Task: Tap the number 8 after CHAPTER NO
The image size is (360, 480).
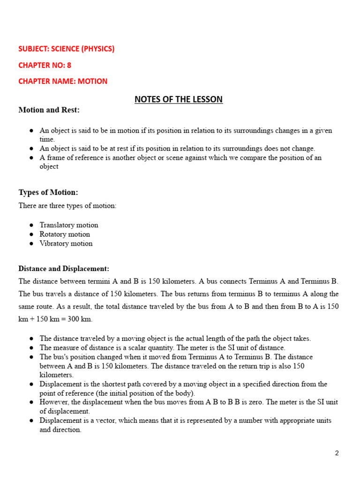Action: click(69, 65)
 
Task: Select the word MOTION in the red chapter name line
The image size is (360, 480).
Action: click(92, 81)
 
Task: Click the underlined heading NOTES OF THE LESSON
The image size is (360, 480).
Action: click(179, 99)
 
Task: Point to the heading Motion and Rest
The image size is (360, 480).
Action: click(49, 110)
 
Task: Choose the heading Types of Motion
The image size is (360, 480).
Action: click(48, 193)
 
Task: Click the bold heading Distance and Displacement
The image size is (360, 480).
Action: click(64, 269)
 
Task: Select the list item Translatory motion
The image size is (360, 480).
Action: click(69, 225)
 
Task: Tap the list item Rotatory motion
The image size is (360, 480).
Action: click(65, 234)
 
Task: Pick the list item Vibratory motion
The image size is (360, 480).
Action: click(66, 243)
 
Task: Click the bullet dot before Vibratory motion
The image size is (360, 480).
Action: click(31, 244)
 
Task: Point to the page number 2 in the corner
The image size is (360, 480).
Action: click(337, 453)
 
